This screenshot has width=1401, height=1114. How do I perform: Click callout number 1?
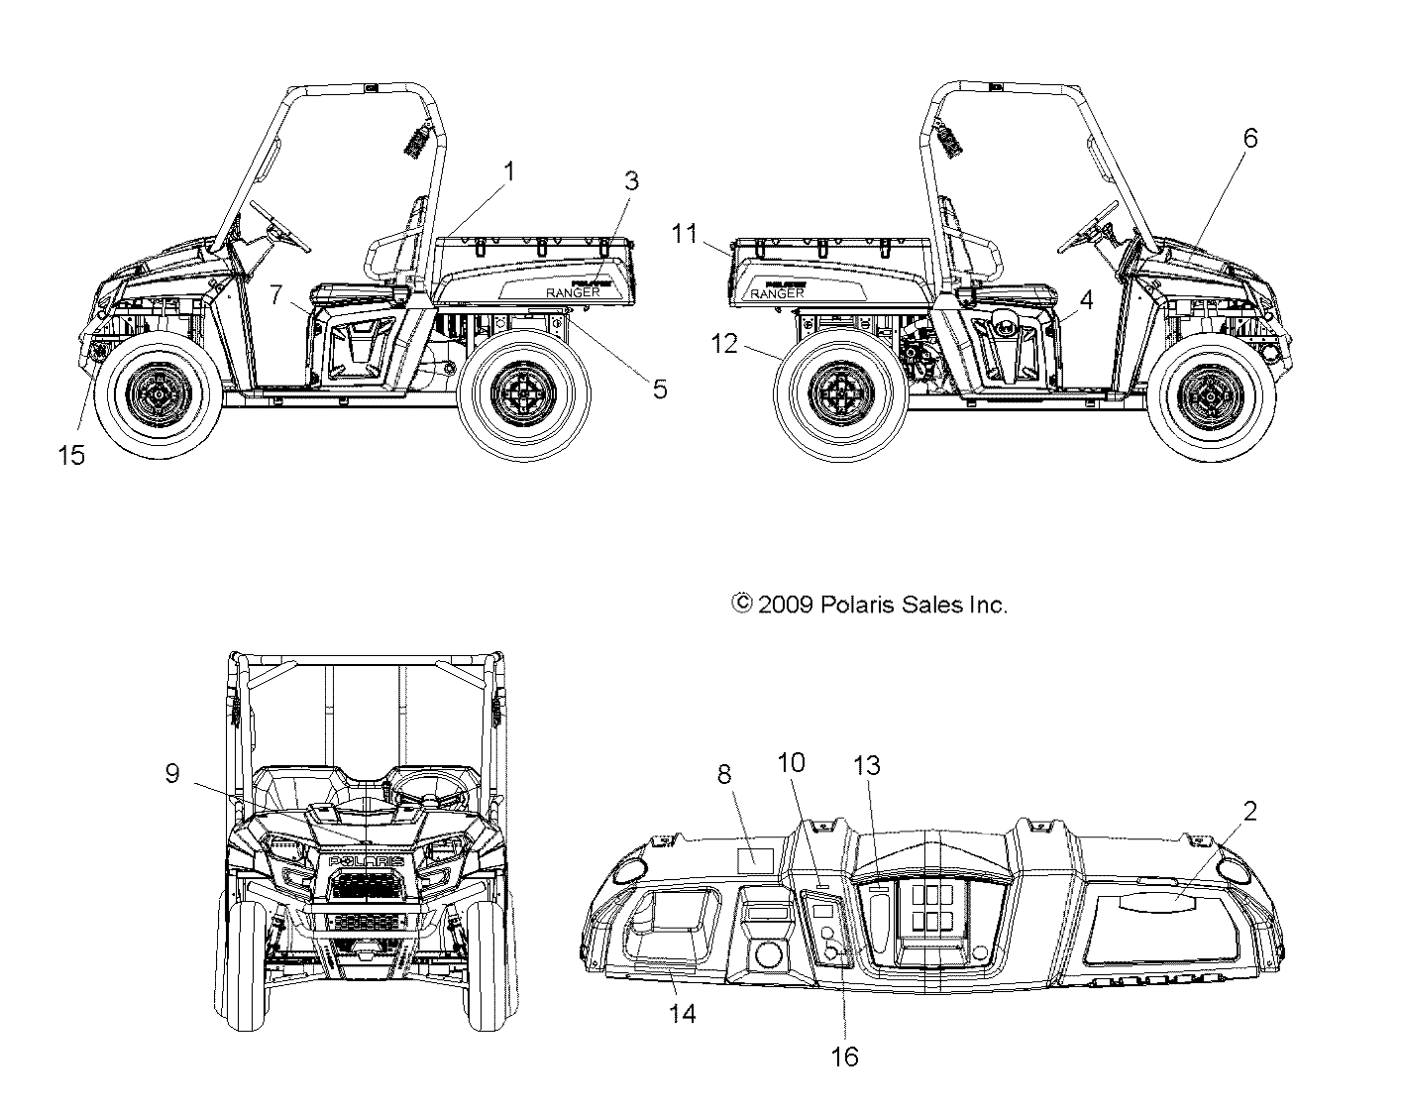(509, 171)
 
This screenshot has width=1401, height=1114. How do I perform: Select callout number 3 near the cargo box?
(631, 181)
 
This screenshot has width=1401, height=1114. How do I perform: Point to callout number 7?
(276, 294)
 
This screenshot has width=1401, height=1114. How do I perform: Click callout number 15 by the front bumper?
(71, 455)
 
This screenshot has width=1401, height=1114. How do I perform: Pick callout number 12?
(725, 345)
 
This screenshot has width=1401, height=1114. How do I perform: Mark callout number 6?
(1250, 138)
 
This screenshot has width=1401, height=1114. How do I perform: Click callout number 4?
(1087, 300)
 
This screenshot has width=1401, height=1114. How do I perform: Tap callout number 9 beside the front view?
(172, 773)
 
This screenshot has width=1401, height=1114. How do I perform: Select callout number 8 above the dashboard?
(725, 774)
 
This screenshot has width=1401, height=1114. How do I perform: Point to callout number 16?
(845, 1057)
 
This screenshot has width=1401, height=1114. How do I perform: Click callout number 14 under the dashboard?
(683, 1013)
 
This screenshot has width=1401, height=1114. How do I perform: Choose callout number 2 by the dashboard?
(1250, 812)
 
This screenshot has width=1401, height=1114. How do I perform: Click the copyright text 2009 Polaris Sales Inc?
(869, 605)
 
